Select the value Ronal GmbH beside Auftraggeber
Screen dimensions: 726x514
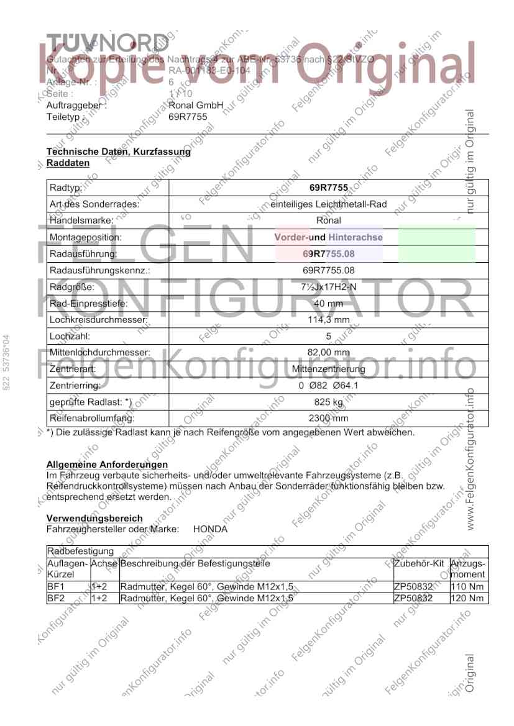(196, 106)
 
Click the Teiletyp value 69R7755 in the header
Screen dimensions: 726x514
(183, 116)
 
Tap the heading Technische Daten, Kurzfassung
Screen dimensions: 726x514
(119, 152)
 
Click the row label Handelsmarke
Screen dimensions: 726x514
(81, 220)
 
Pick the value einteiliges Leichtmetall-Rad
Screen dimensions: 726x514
(328, 203)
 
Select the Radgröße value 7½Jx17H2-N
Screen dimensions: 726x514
(328, 287)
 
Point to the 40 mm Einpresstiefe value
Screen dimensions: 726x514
(328, 304)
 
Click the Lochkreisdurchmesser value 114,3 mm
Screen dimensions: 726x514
(328, 320)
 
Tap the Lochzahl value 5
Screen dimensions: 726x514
(328, 337)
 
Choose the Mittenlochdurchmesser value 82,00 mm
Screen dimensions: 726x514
(328, 353)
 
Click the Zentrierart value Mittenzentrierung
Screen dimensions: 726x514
(328, 369)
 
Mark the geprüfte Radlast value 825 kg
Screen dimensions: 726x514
(328, 402)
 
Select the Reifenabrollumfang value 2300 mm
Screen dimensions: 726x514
(328, 419)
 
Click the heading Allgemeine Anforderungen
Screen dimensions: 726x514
(107, 465)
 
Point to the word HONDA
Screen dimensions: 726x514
(210, 530)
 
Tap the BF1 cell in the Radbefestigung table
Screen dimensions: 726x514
(56, 586)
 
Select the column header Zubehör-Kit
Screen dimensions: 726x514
(420, 564)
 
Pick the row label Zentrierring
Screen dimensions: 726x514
(74, 386)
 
